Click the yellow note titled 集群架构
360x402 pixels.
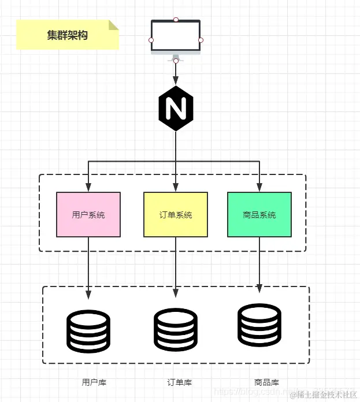(x=68, y=35)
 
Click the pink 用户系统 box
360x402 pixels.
(x=88, y=215)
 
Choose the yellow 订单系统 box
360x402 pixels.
(x=176, y=215)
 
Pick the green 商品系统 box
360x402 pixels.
(x=259, y=215)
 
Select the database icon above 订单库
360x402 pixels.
(x=176, y=329)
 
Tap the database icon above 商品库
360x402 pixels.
(x=259, y=325)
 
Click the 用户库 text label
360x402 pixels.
(x=94, y=382)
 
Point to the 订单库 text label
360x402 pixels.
(x=180, y=382)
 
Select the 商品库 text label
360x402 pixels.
(x=266, y=382)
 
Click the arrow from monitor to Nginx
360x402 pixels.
(x=176, y=73)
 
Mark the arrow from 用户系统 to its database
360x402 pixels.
(x=88, y=266)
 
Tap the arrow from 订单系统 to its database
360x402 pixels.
(x=176, y=266)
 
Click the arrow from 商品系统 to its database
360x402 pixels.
(x=259, y=263)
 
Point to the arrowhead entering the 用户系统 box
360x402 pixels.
(x=88, y=187)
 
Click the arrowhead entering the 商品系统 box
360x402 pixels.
(x=259, y=187)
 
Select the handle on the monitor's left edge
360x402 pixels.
(x=151, y=40)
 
